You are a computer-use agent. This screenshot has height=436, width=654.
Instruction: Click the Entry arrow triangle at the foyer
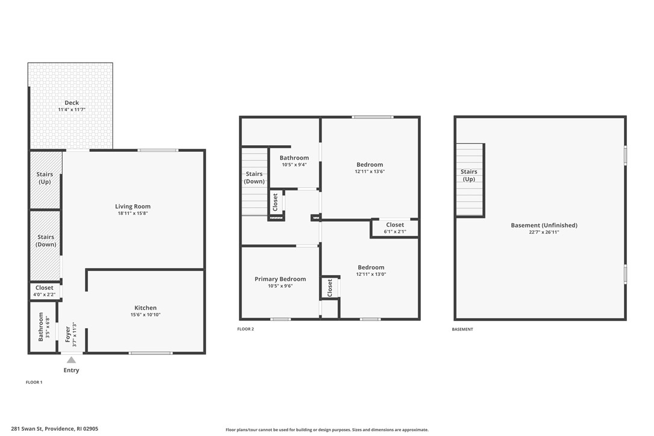point(71,360)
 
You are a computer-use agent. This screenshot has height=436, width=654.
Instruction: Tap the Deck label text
point(72,103)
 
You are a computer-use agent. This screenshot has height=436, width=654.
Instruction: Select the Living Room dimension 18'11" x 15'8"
point(132,213)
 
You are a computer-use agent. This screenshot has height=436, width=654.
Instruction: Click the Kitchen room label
point(145,308)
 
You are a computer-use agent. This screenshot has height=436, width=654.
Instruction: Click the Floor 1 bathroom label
point(41,326)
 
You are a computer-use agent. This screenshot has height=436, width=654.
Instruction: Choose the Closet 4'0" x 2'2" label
point(44,288)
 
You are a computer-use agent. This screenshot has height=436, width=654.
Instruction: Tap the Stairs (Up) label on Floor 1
point(45,178)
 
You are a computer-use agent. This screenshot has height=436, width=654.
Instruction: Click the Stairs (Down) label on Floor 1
point(46,240)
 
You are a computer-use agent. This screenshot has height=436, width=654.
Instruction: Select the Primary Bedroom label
point(280,279)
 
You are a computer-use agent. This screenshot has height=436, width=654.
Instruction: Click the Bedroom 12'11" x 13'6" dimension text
point(369,172)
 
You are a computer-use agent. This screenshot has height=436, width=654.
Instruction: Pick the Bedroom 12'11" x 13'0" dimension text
point(371,275)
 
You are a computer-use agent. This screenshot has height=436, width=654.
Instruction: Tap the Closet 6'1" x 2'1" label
point(395,225)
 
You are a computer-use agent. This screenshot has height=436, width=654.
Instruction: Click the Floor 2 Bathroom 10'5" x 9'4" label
point(294,158)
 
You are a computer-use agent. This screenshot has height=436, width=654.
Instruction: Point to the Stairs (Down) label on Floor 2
point(254,178)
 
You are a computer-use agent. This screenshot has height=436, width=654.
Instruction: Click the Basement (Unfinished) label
point(544,225)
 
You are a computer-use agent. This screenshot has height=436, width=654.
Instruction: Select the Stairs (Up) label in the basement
point(469,175)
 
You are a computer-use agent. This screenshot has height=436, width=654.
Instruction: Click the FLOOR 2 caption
point(246,329)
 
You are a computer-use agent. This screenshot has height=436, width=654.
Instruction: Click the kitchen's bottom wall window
point(151,353)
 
